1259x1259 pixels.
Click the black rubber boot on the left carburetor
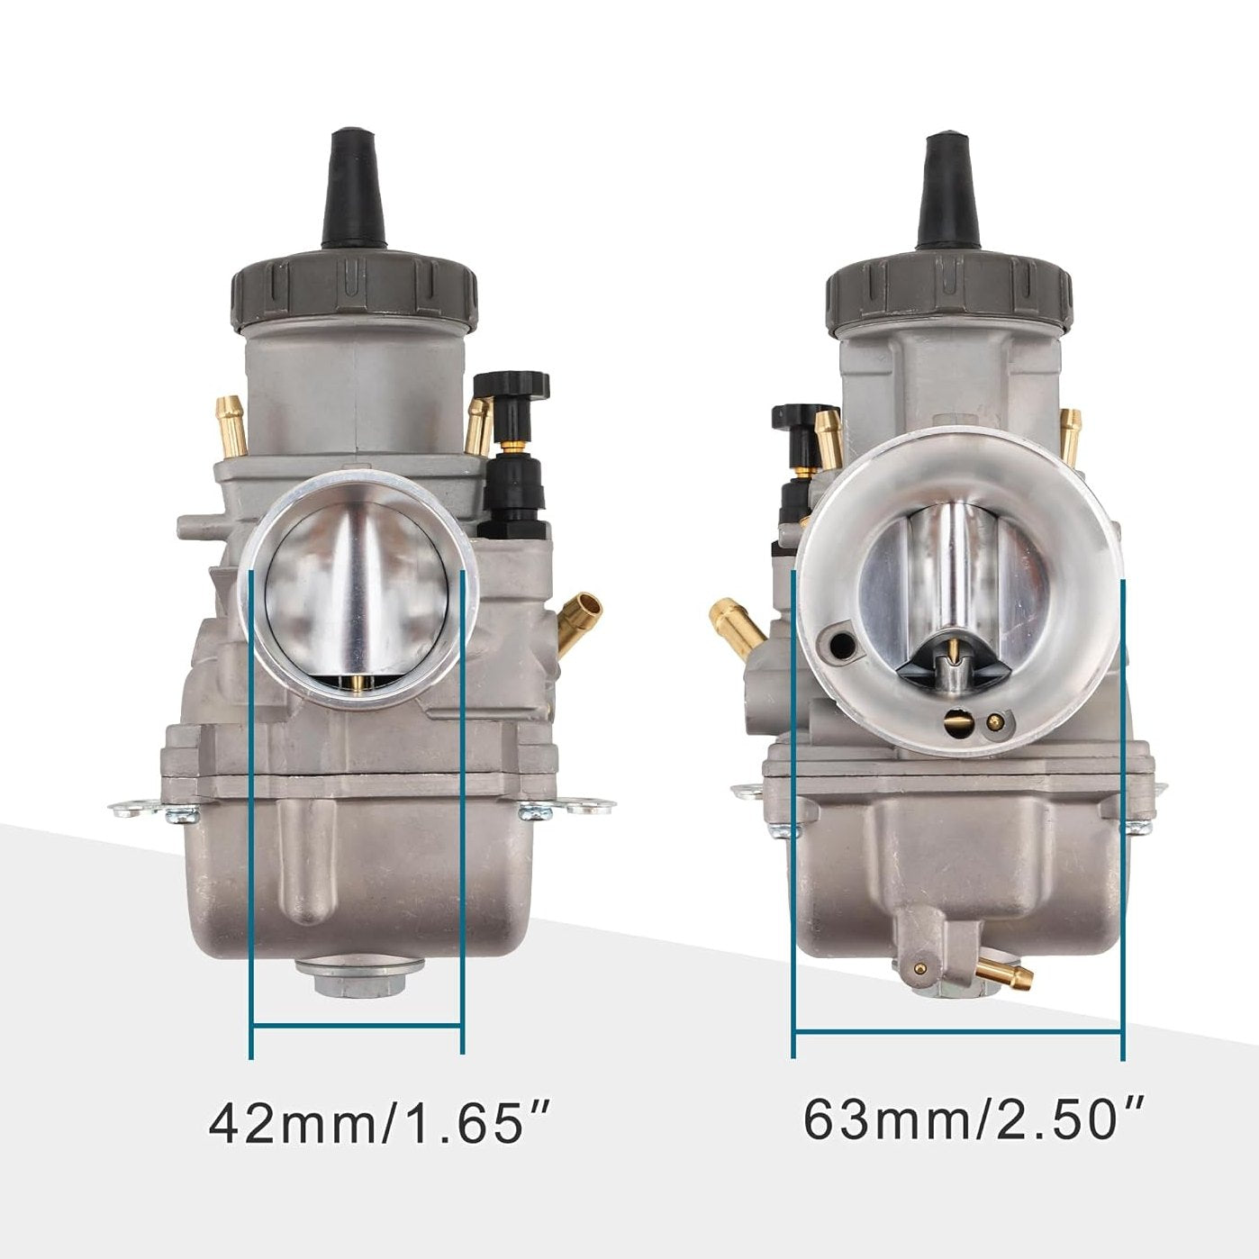tap(354, 192)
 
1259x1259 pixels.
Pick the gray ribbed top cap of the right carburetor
tap(949, 286)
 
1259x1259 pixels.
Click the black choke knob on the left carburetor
tap(512, 385)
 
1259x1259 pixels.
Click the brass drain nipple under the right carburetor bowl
tap(1006, 972)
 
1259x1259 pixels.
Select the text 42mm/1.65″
tap(378, 1123)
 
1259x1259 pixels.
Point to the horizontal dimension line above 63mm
tap(958, 1032)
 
